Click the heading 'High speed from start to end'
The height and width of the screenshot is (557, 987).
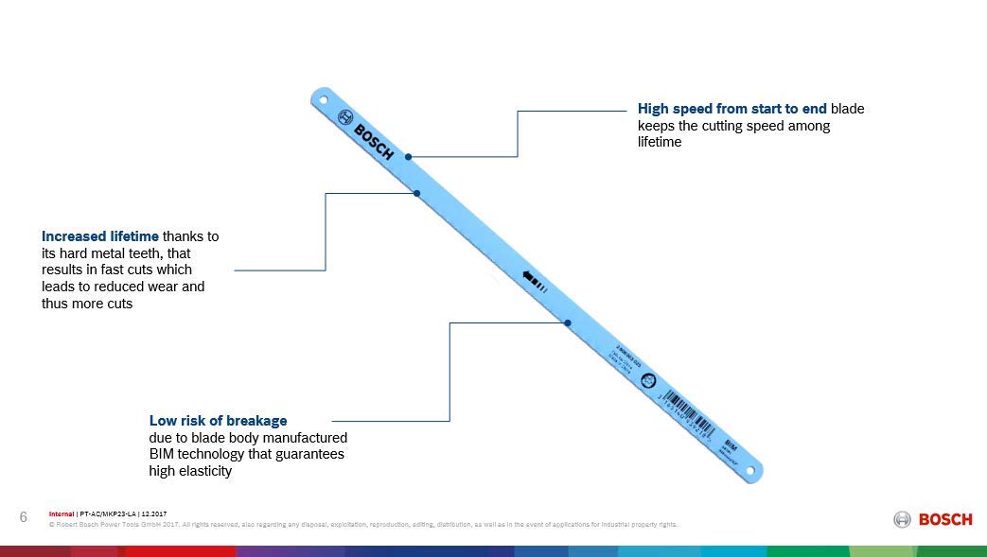[x=732, y=109]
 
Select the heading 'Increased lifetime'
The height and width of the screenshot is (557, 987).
[x=99, y=236]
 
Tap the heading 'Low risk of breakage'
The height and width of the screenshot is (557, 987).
[x=218, y=420]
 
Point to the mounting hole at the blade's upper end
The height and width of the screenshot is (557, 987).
[x=322, y=98]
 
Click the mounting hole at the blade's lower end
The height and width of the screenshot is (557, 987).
[x=752, y=469]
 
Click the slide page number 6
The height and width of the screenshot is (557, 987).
[x=23, y=516]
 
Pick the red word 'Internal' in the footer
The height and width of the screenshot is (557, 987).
[x=62, y=513]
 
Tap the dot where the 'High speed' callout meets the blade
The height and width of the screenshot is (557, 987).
[x=408, y=156]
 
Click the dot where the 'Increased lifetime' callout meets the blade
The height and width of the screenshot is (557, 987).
[x=416, y=193]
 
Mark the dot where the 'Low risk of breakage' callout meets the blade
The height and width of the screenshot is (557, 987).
[x=567, y=322]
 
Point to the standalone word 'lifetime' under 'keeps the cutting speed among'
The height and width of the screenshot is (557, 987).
[x=660, y=142]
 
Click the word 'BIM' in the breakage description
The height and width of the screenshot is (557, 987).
[x=163, y=454]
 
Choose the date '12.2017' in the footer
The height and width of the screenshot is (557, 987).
[x=152, y=513]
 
